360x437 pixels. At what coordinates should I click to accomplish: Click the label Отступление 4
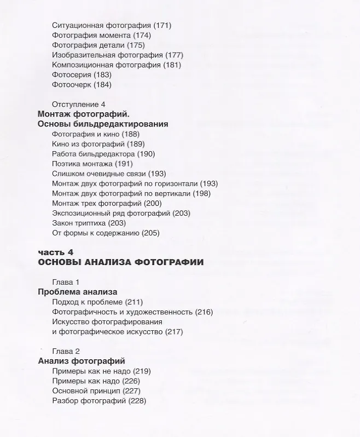click(x=78, y=104)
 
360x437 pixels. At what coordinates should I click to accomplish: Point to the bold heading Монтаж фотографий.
click(x=83, y=114)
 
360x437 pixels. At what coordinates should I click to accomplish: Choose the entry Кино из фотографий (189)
click(x=98, y=144)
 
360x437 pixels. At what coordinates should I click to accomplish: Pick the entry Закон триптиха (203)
click(x=89, y=223)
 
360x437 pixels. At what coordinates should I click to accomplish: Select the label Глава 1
click(x=66, y=282)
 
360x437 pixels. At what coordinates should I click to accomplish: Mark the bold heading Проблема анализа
click(x=77, y=292)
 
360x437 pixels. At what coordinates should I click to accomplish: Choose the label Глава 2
click(x=66, y=351)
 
